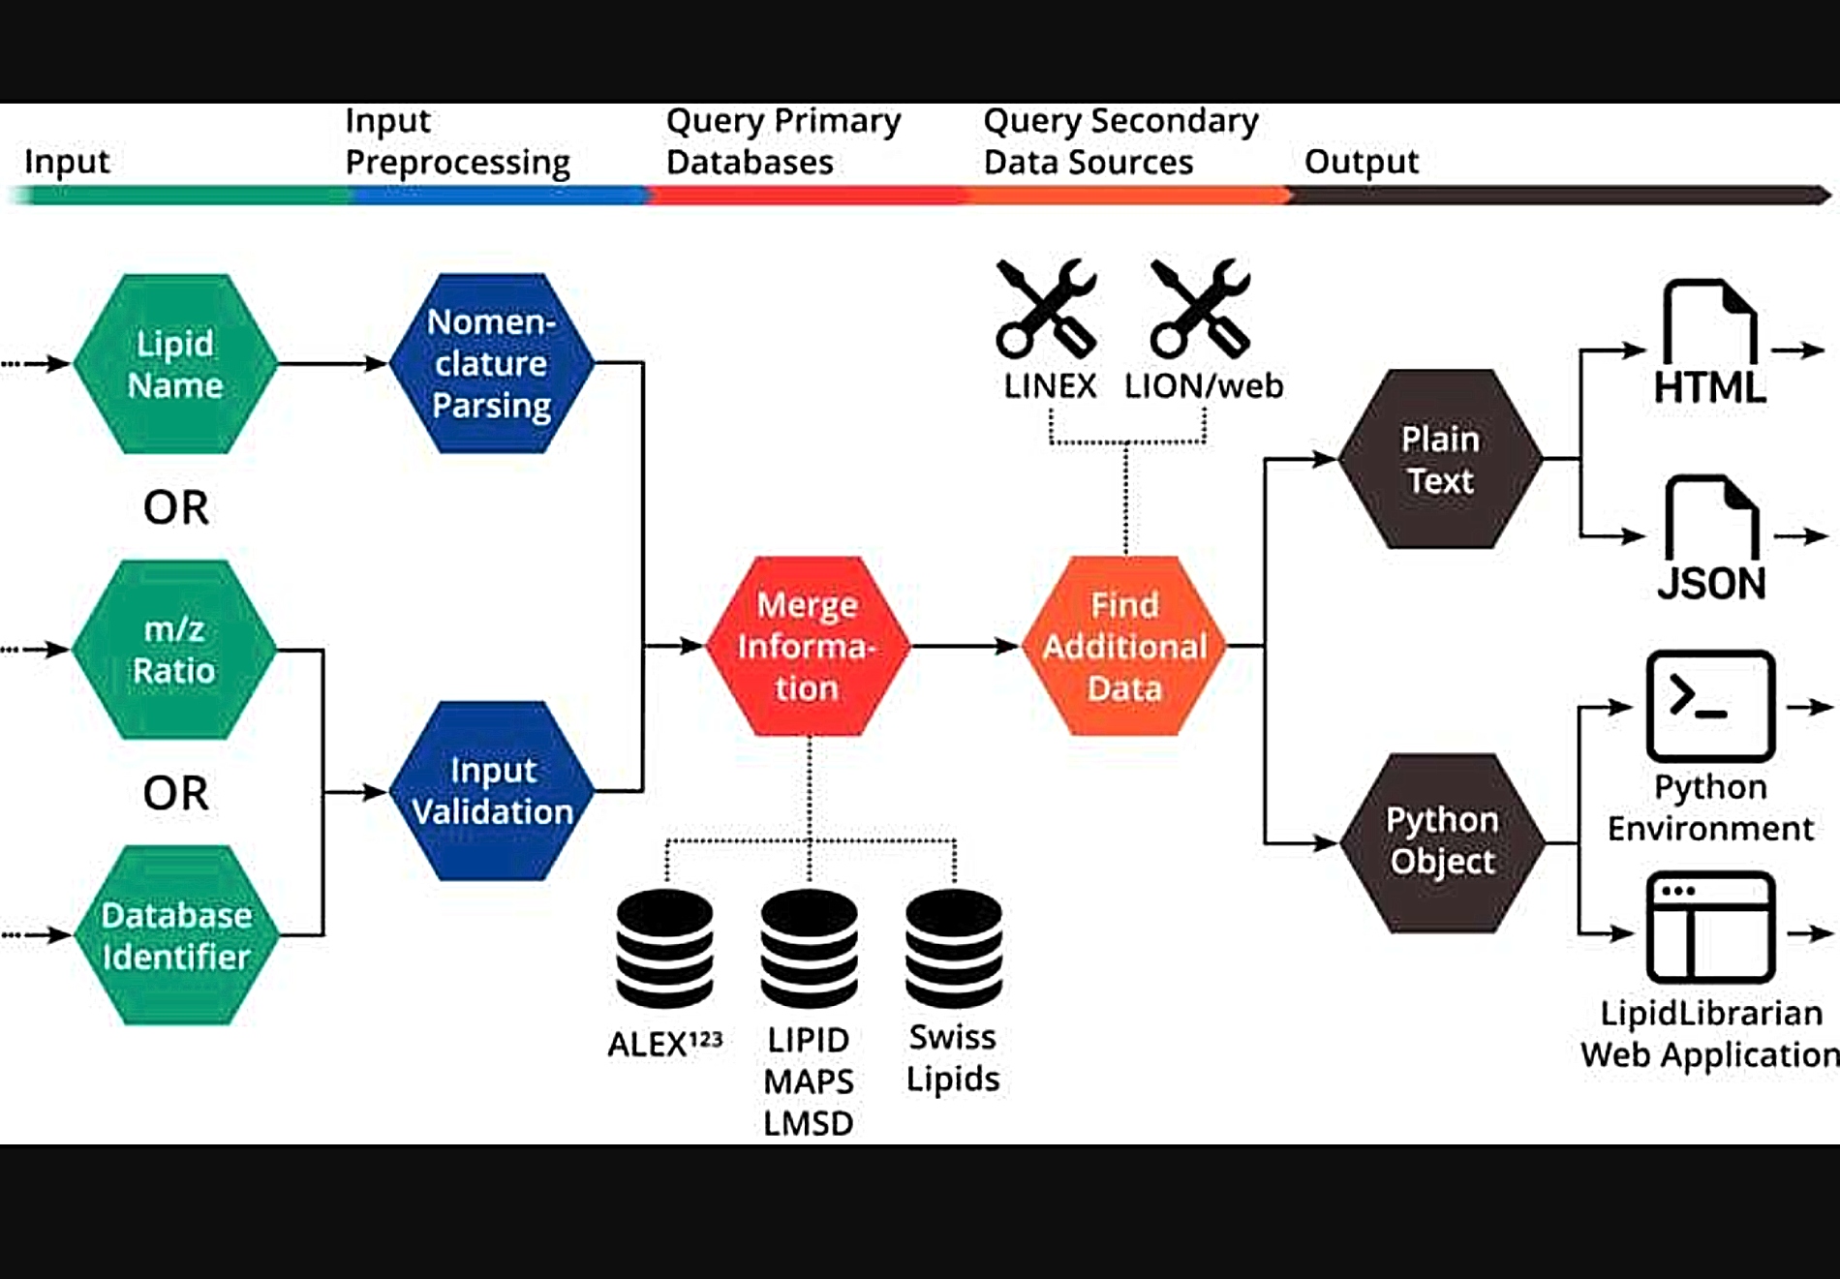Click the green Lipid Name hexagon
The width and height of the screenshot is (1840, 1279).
pyautogui.click(x=175, y=364)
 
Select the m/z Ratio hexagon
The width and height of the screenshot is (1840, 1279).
pyautogui.click(x=174, y=650)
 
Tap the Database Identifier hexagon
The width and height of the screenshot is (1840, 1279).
pyautogui.click(x=175, y=935)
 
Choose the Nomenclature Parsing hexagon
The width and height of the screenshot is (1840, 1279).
pyautogui.click(x=491, y=363)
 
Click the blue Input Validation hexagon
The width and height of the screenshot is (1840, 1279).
pyautogui.click(x=492, y=791)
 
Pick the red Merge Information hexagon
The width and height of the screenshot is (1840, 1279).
pyautogui.click(x=808, y=646)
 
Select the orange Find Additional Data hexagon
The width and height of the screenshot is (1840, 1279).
pyautogui.click(x=1124, y=646)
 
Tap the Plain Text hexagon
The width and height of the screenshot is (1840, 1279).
pyautogui.click(x=1440, y=459)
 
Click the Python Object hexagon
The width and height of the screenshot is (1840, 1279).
pyautogui.click(x=1442, y=843)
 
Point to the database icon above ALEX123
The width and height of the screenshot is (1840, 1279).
pyautogui.click(x=665, y=949)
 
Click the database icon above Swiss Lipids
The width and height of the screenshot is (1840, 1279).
pyautogui.click(x=954, y=949)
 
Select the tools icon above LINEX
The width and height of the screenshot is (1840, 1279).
pyautogui.click(x=1047, y=308)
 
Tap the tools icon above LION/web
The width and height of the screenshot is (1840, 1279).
pyautogui.click(x=1201, y=308)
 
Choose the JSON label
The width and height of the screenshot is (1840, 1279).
pyautogui.click(x=1711, y=584)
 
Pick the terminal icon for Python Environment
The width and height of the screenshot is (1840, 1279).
pyautogui.click(x=1710, y=706)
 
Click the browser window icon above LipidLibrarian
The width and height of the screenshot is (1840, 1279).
pyautogui.click(x=1710, y=928)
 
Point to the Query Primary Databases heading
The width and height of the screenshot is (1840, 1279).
pyautogui.click(x=783, y=141)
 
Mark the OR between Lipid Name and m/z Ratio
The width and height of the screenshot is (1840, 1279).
pyautogui.click(x=176, y=507)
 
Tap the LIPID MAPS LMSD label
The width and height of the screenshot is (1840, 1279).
pyautogui.click(x=809, y=1081)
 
